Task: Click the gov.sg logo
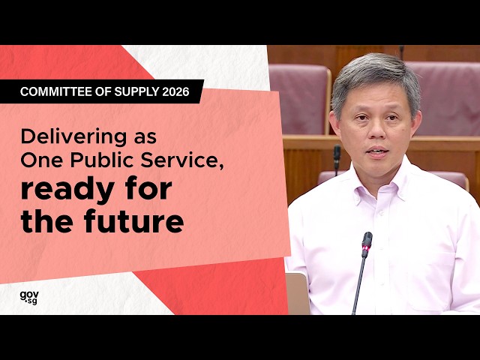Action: click(x=28, y=297)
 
